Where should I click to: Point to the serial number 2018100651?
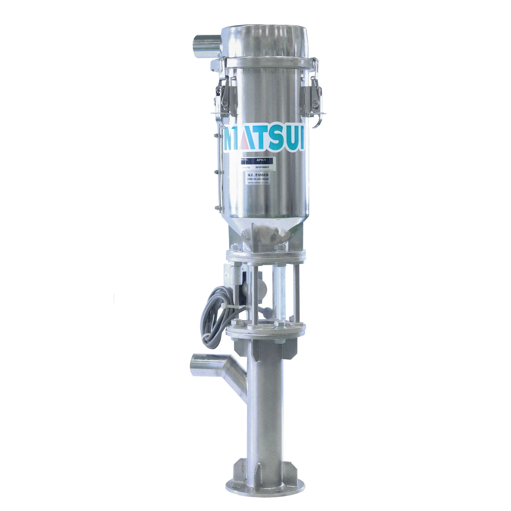click(x=262, y=167)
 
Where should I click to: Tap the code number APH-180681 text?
click(x=258, y=179)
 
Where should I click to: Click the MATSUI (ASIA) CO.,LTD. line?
click(x=258, y=183)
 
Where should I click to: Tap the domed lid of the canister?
click(x=264, y=40)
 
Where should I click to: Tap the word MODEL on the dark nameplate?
click(x=245, y=160)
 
